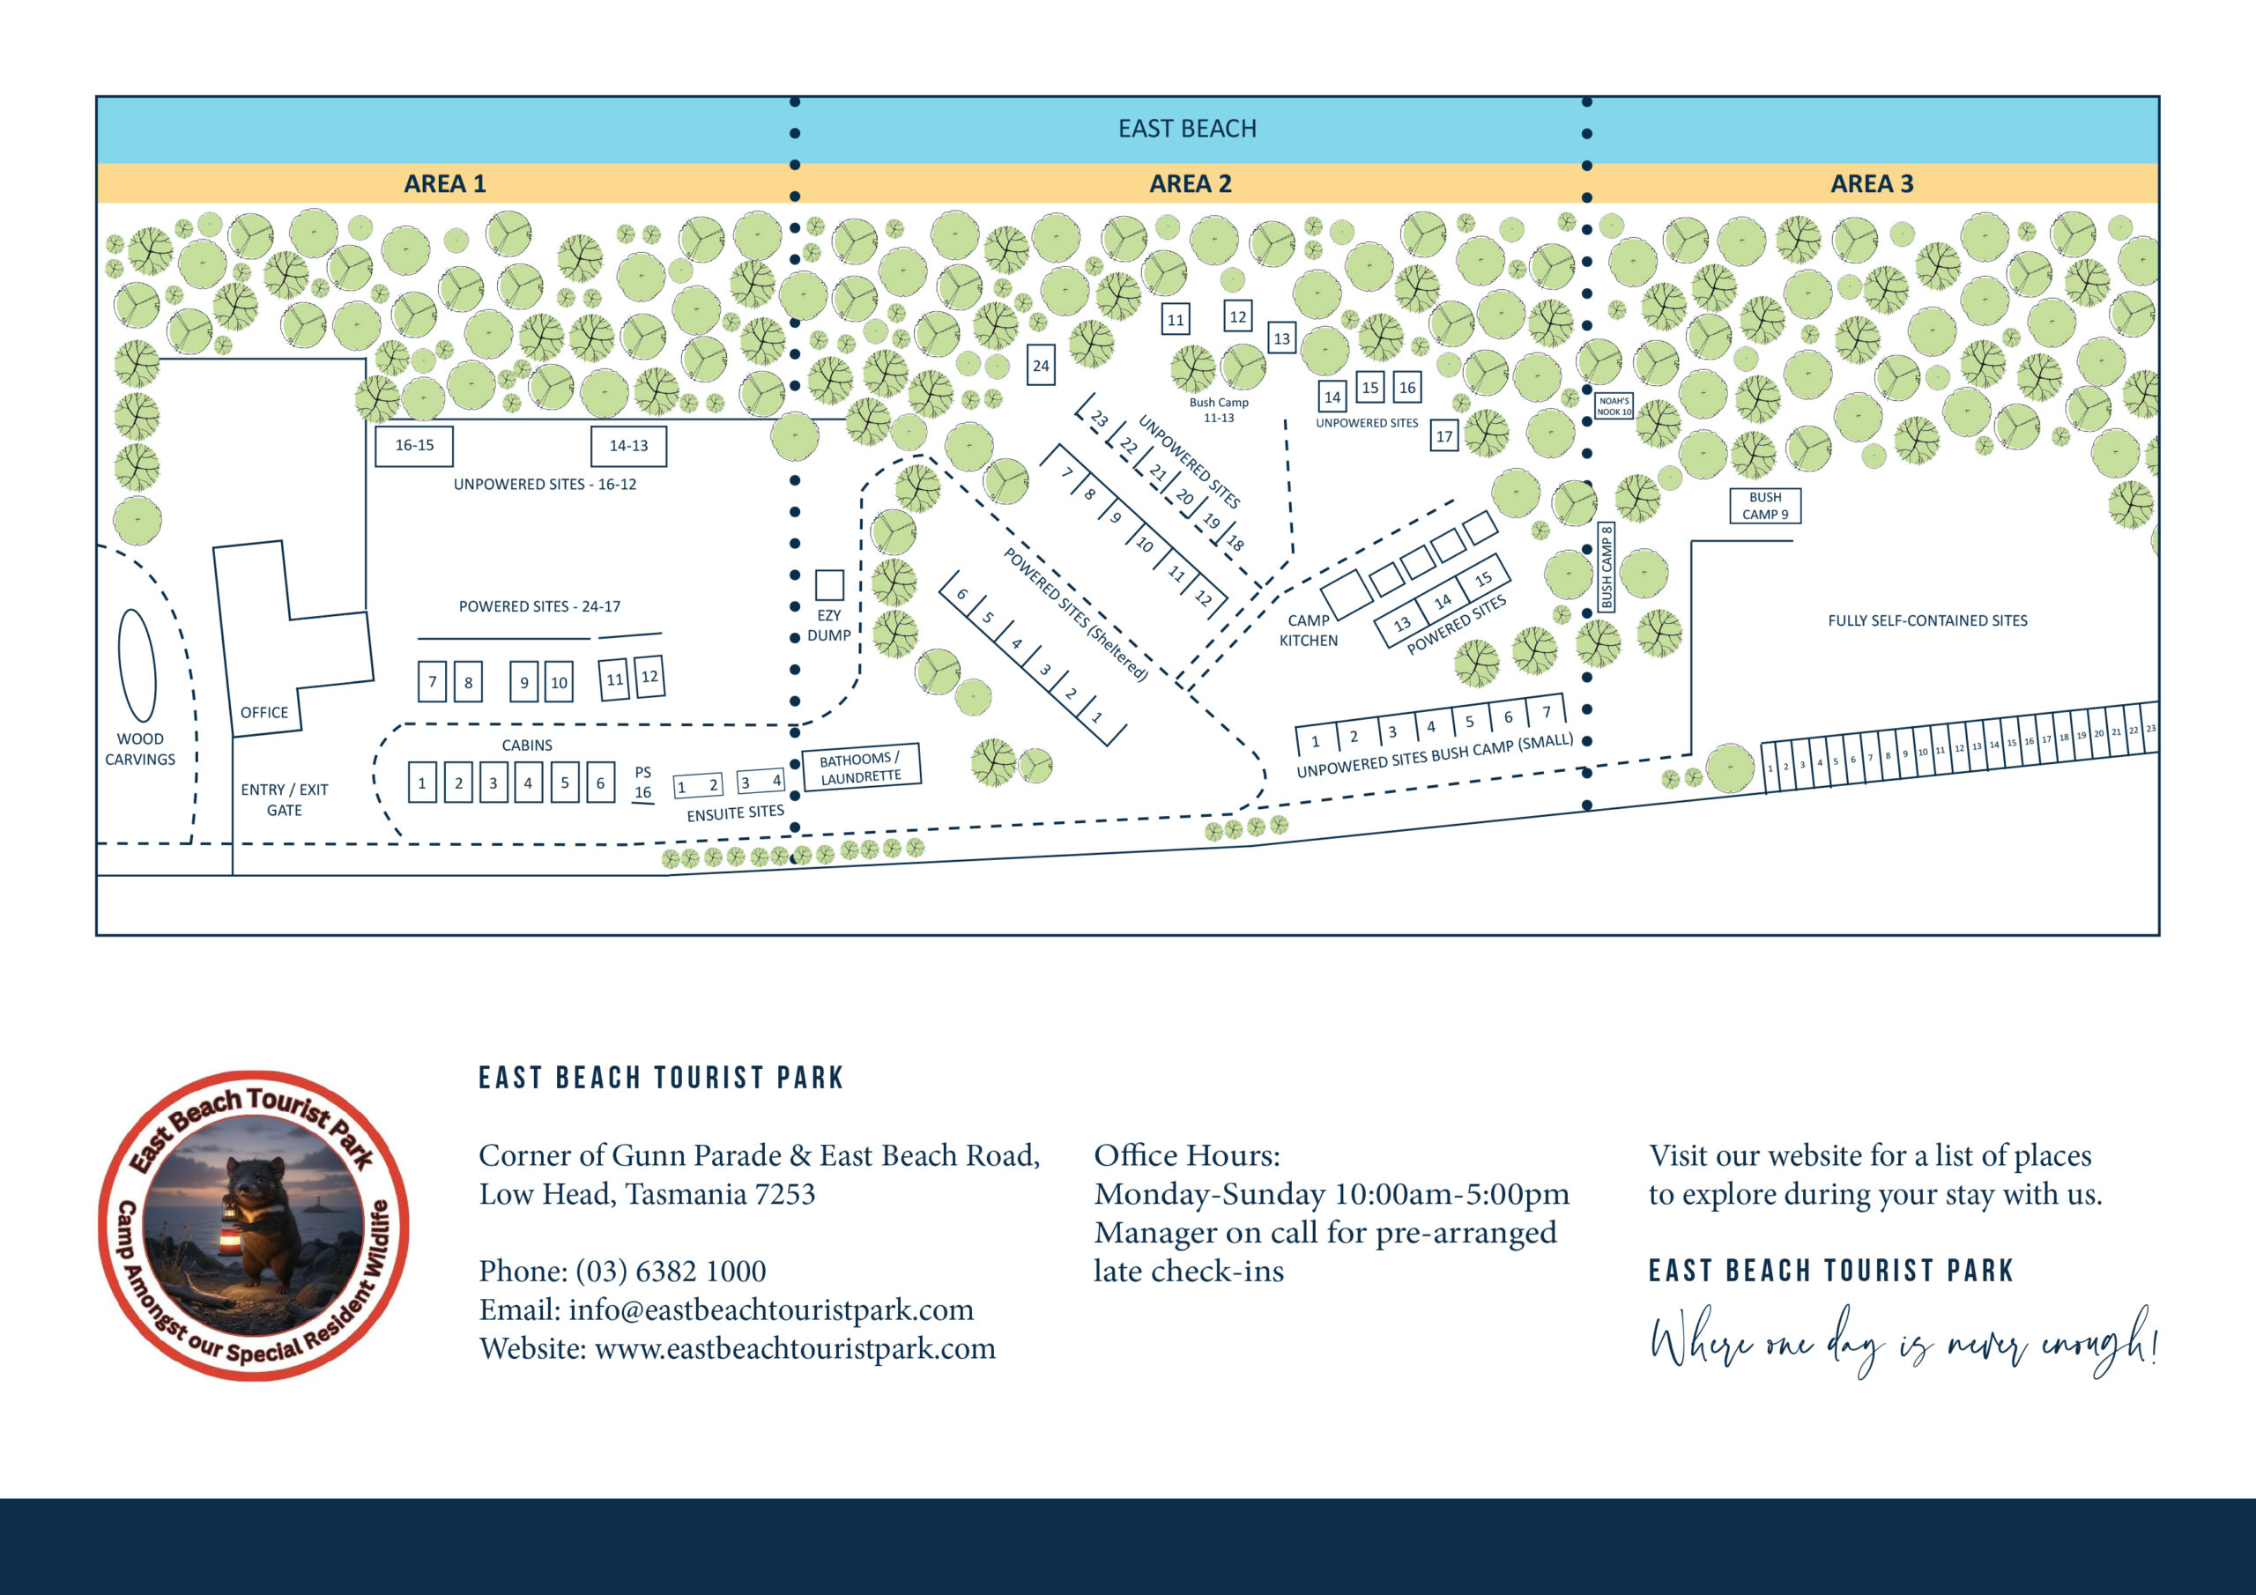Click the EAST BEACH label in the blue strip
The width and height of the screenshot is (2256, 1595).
(1187, 129)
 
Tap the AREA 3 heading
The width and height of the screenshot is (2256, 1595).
(1871, 184)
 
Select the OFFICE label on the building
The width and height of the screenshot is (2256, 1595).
(264, 713)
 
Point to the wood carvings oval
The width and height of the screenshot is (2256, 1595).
(137, 665)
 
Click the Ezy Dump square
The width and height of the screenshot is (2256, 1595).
(829, 585)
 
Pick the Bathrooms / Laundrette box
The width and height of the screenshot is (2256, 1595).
(861, 768)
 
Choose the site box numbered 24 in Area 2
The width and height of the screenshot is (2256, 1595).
(1041, 366)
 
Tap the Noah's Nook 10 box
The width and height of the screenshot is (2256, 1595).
(1614, 406)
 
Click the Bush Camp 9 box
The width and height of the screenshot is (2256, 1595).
(1765, 506)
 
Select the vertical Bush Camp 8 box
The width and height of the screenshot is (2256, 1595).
(1607, 567)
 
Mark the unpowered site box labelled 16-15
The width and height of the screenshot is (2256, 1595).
(413, 445)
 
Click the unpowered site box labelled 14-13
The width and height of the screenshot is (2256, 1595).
(627, 445)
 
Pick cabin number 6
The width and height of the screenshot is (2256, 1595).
(600, 783)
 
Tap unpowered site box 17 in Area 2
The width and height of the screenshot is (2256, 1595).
(1443, 436)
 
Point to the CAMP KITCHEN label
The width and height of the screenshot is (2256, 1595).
(1308, 630)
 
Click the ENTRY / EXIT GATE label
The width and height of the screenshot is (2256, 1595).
(284, 800)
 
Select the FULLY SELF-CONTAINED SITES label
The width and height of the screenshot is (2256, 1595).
(1926, 620)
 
